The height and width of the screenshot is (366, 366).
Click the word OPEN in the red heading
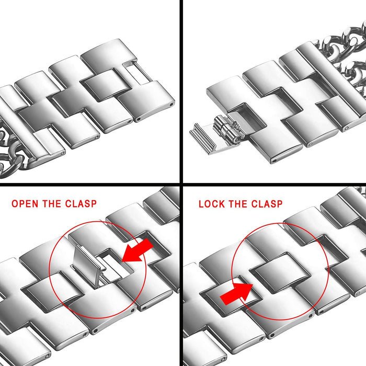pyautogui.click(x=25, y=204)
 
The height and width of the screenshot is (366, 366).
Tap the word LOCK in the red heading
pyautogui.click(x=211, y=204)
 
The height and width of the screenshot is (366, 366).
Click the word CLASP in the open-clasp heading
pyautogui.click(x=81, y=204)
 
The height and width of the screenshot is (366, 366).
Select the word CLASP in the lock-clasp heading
pyautogui.click(x=267, y=204)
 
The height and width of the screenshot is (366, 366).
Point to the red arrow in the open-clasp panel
pyautogui.click(x=137, y=251)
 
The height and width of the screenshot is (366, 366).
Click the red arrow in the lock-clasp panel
pyautogui.click(x=236, y=292)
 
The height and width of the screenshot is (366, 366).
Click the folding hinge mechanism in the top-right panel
pyautogui.click(x=226, y=129)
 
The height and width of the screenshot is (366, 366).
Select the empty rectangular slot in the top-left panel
pyautogui.click(x=138, y=72)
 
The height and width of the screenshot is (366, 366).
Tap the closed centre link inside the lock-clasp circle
pyautogui.click(x=280, y=272)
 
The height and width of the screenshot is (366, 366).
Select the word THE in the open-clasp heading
pyautogui.click(x=52, y=204)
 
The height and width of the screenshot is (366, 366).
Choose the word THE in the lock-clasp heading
pyautogui.click(x=238, y=204)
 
